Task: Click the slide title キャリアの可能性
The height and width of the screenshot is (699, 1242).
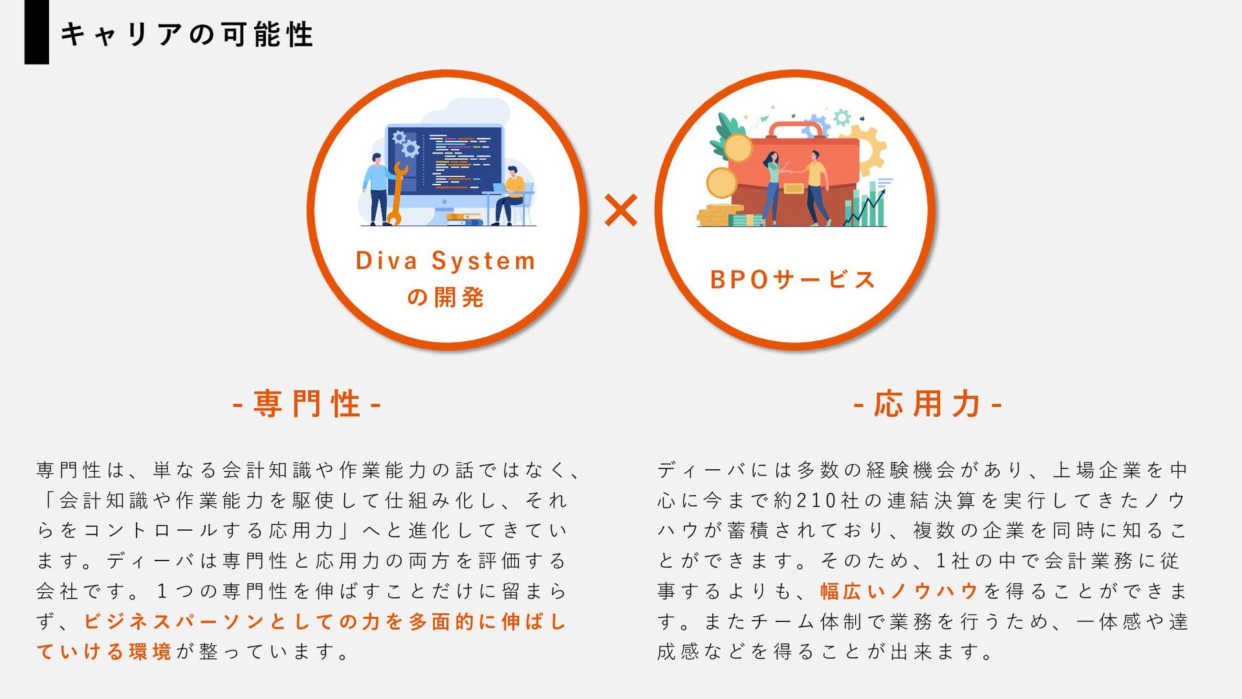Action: (186, 34)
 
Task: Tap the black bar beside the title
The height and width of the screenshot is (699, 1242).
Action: (36, 32)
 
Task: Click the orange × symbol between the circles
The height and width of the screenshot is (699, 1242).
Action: (620, 210)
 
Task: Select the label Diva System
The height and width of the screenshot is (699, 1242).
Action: (446, 261)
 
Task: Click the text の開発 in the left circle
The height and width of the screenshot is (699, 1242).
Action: (446, 297)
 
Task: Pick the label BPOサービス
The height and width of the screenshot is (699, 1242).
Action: (792, 280)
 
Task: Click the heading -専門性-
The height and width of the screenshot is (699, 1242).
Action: (307, 404)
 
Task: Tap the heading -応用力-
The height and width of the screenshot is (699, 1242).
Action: (928, 404)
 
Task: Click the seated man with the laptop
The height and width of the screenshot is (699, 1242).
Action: (512, 194)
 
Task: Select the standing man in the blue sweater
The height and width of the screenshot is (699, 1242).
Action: (376, 188)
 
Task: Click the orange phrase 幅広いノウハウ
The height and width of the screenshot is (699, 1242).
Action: (899, 591)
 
